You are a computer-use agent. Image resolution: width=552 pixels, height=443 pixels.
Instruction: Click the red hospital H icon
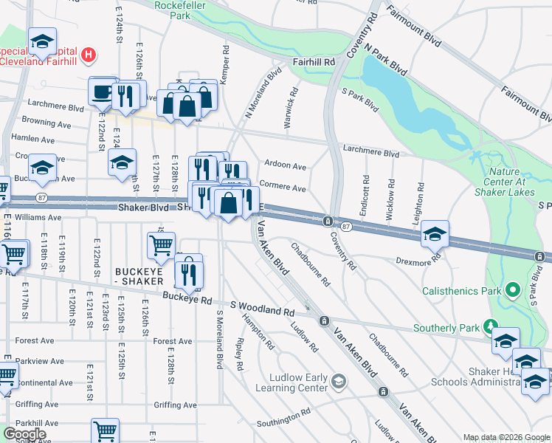[89, 54]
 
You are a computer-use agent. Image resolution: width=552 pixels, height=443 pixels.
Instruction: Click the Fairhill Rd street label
[314, 63]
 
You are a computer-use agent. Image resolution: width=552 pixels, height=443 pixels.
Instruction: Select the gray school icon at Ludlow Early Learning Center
[338, 381]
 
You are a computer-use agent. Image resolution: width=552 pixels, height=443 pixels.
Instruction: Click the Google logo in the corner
[24, 434]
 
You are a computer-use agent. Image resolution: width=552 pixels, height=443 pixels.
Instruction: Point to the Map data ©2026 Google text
[506, 437]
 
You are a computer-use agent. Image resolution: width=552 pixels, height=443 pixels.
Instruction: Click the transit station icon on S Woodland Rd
[323, 321]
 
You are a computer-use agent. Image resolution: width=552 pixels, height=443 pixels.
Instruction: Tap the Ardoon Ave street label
[285, 167]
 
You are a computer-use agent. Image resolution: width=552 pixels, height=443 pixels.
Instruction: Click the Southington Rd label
[279, 419]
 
